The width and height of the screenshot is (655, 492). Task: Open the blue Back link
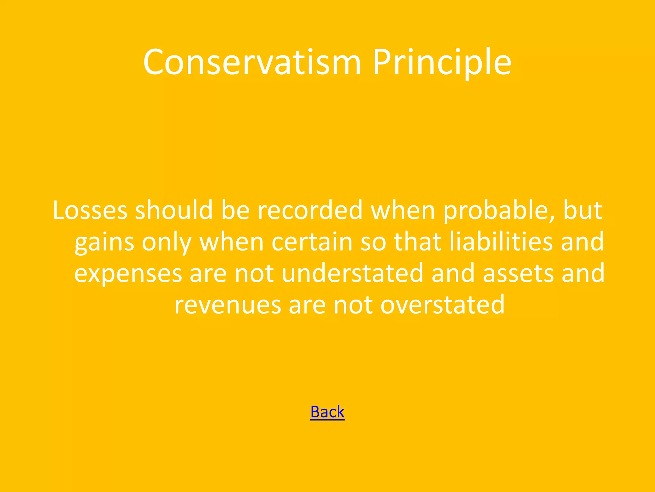coord(327,412)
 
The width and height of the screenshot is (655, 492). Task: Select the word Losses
coord(90,210)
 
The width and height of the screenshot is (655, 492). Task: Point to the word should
coord(174,210)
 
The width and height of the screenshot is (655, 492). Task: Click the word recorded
coord(310,210)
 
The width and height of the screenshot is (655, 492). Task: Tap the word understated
coord(352,273)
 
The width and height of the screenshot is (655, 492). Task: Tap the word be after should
coord(235,210)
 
